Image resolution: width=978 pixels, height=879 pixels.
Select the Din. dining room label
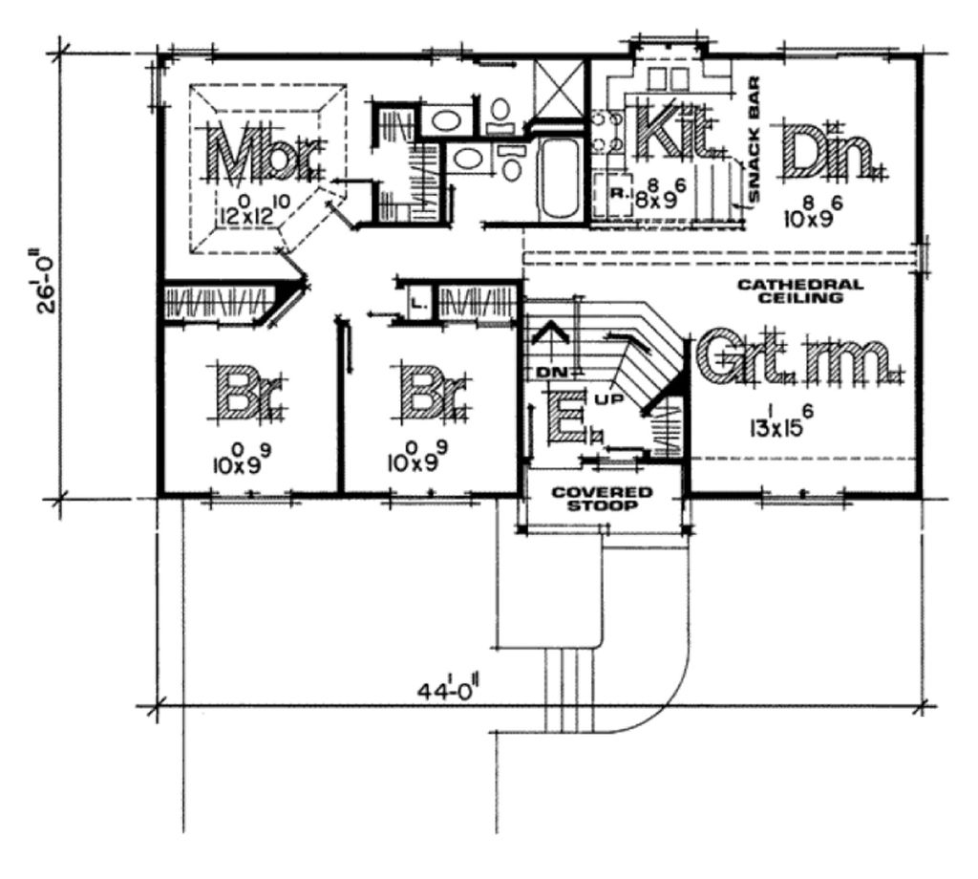coord(829,152)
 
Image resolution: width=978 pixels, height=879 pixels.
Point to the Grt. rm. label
coord(798,359)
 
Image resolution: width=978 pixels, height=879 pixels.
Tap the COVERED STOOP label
coord(602,499)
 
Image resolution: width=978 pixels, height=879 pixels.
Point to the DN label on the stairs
coord(546,370)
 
